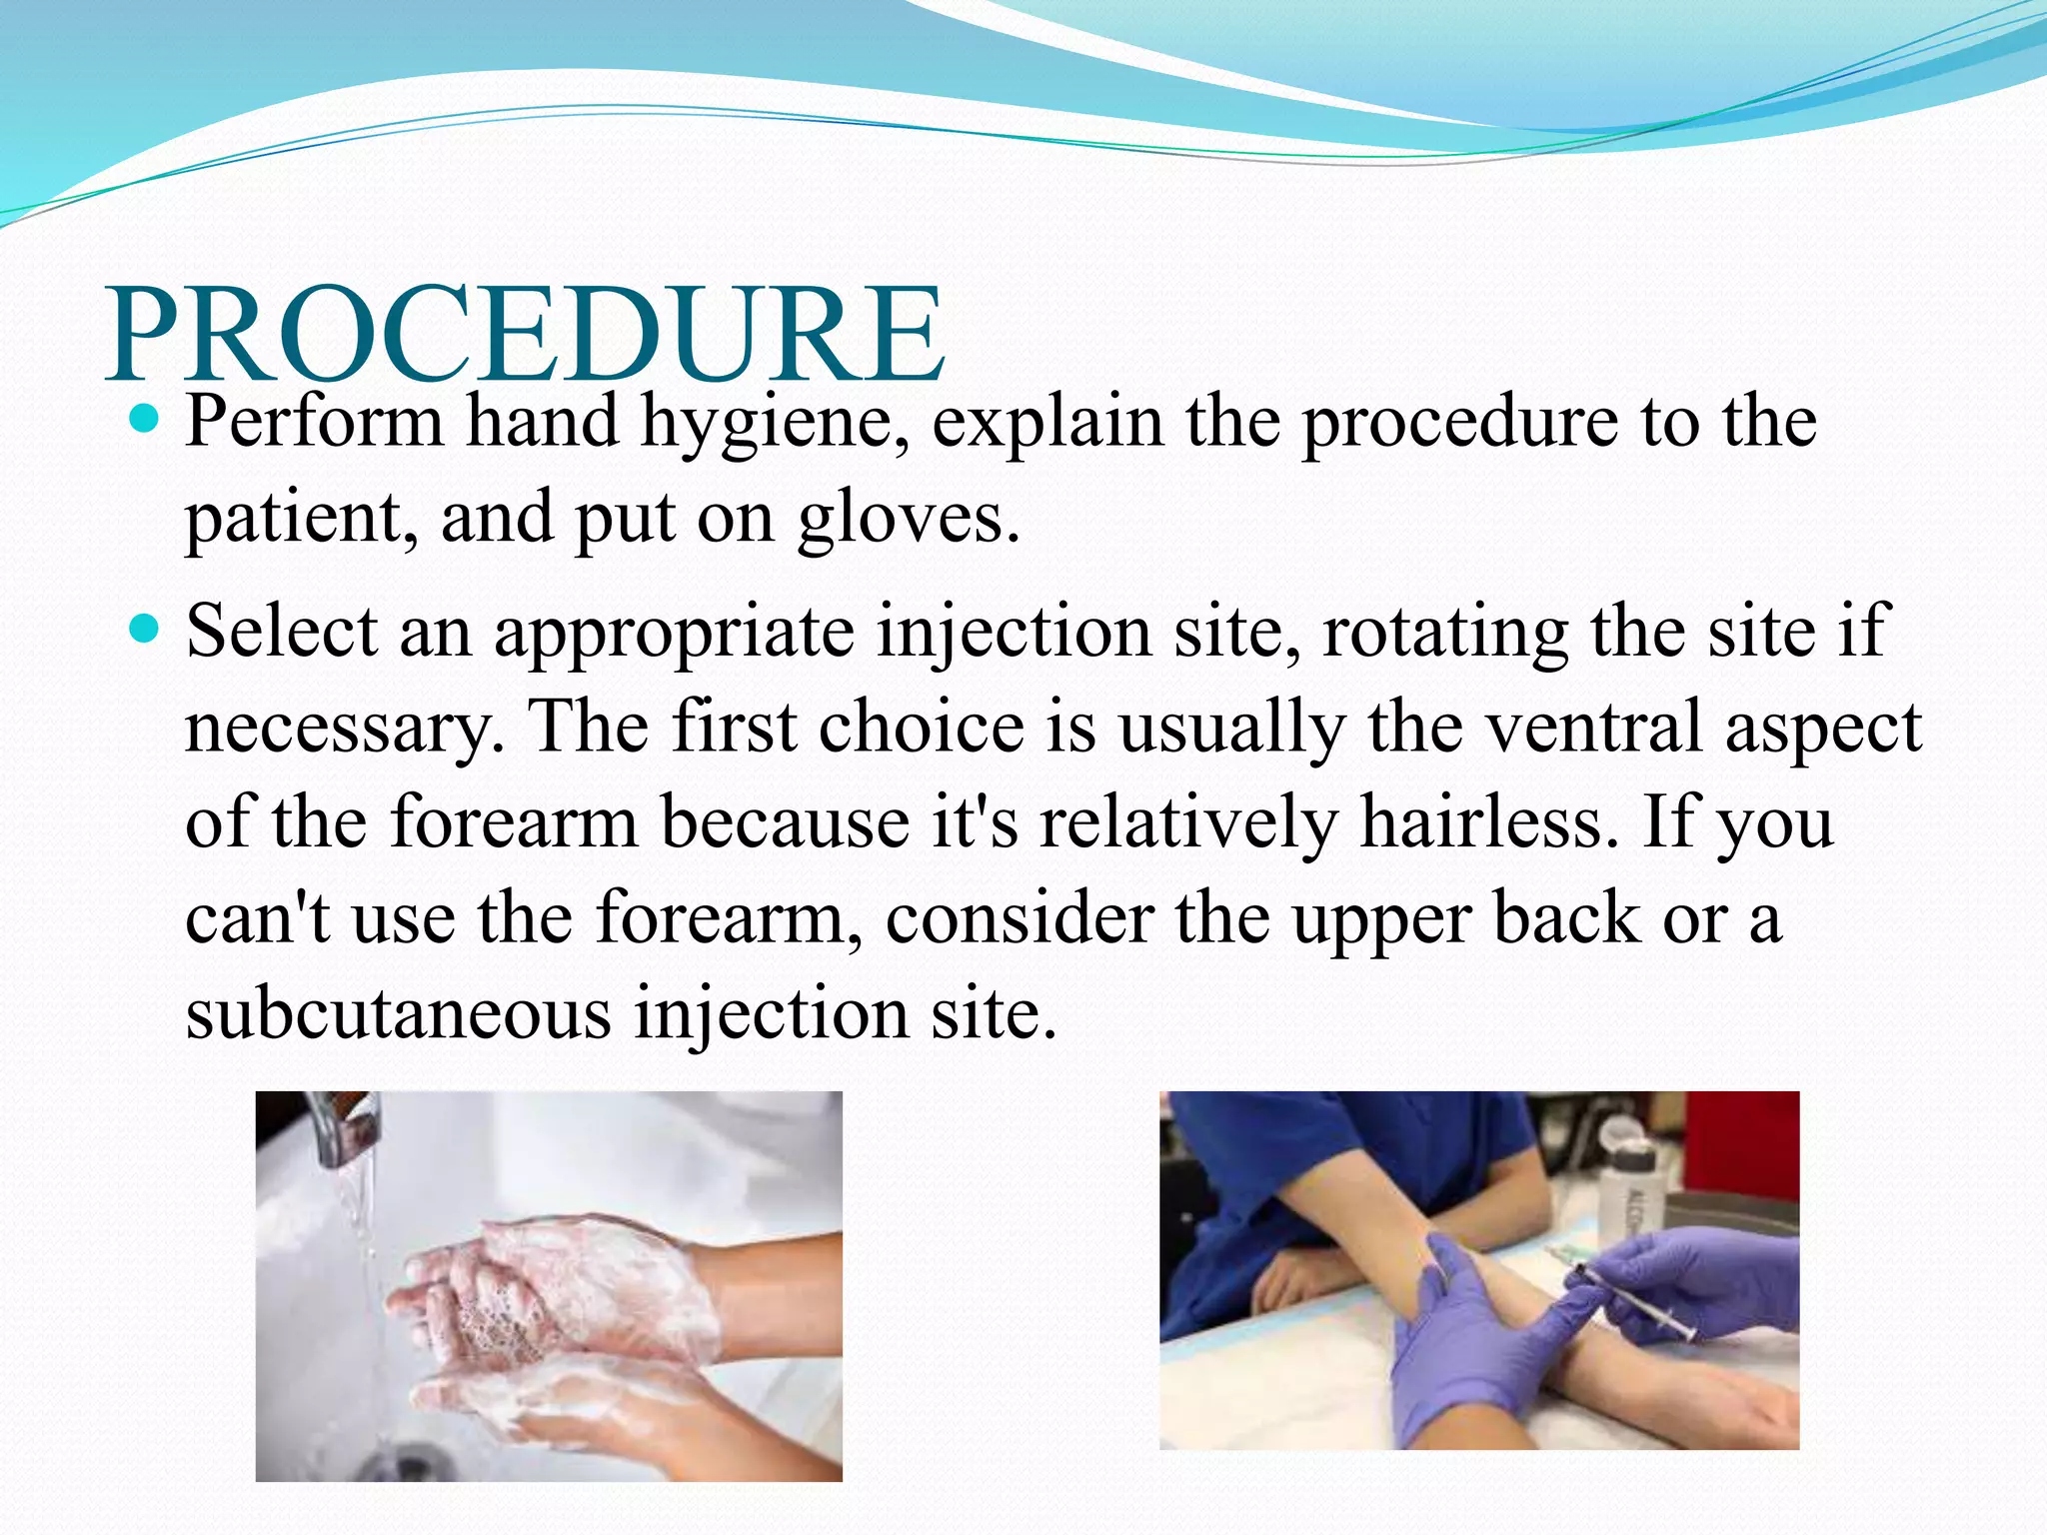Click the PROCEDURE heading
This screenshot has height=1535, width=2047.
point(525,335)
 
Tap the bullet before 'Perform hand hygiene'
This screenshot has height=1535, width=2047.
point(146,420)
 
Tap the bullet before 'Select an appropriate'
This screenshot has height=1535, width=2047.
point(146,630)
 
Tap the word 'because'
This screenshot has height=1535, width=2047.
point(785,821)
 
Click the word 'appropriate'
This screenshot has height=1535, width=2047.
point(674,634)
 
